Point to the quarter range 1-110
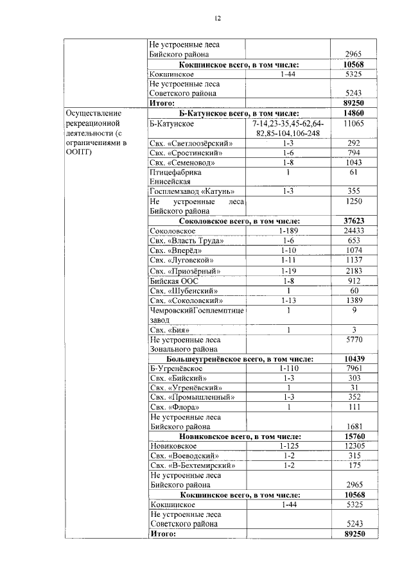click(x=289, y=369)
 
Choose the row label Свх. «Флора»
click(x=174, y=407)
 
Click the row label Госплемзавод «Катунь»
click(x=191, y=191)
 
